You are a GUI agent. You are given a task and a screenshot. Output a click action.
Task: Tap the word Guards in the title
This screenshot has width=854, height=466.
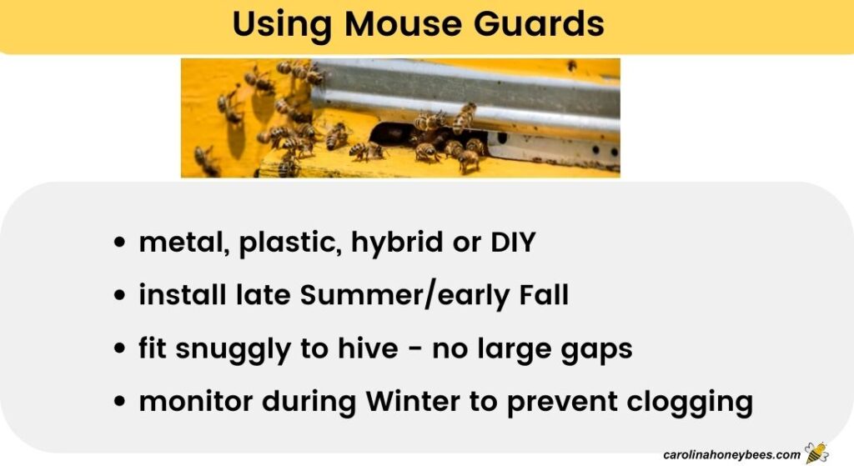click(545, 25)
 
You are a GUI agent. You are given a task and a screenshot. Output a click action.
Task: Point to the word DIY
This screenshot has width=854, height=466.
click(510, 243)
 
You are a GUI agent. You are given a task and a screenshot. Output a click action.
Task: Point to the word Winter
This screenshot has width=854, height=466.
click(413, 402)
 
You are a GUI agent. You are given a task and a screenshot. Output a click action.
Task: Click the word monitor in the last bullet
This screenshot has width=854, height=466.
click(196, 402)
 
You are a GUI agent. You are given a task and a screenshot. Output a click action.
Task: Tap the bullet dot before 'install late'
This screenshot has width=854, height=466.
click(122, 297)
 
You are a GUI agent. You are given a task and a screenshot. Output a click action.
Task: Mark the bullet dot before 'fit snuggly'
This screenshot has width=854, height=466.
click(122, 349)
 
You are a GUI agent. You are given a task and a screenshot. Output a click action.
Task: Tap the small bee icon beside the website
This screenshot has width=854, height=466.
click(816, 453)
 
